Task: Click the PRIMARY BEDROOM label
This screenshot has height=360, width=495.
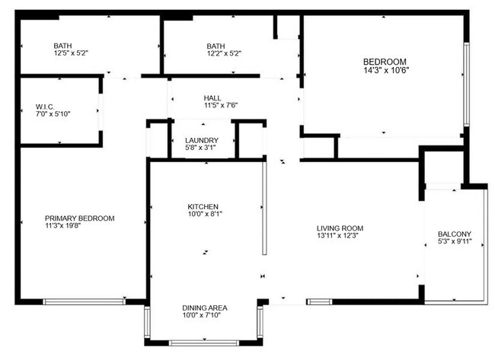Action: click(x=79, y=218)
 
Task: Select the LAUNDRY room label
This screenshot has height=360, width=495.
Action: click(x=202, y=140)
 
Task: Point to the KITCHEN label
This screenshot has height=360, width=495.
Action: click(x=203, y=207)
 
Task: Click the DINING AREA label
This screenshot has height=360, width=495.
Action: click(x=205, y=307)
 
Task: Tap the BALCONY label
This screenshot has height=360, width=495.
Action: click(x=455, y=234)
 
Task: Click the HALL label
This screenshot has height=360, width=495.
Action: click(x=212, y=98)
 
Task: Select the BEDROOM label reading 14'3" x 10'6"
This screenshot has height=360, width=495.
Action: click(x=385, y=62)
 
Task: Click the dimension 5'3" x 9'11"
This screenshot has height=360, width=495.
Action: click(x=455, y=242)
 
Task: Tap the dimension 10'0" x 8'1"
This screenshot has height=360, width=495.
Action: click(x=203, y=215)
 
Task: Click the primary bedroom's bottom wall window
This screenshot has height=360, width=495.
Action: click(x=85, y=302)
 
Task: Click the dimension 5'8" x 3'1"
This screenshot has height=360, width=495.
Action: click(x=202, y=148)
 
